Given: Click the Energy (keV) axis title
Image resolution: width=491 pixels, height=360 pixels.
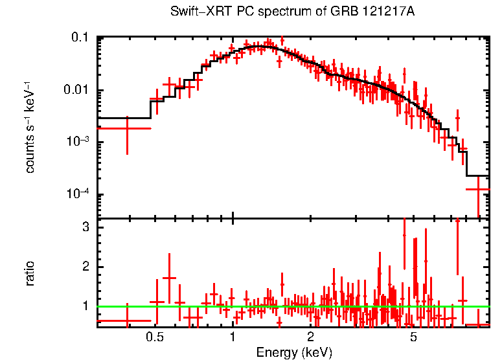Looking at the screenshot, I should [294, 353].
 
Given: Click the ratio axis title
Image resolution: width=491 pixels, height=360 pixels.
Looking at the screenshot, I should [30, 273].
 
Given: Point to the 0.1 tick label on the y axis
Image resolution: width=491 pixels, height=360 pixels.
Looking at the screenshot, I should [80, 38].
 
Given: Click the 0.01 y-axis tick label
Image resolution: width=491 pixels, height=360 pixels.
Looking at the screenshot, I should [76, 90].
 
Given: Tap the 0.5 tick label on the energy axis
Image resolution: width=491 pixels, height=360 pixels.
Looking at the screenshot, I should [154, 337].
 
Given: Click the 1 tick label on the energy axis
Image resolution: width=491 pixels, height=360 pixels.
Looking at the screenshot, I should [233, 337].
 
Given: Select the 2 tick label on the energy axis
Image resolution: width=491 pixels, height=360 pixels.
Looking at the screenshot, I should [311, 337].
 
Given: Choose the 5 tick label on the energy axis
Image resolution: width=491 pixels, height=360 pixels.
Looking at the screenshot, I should [414, 337].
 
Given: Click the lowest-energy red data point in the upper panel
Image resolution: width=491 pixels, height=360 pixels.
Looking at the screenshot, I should [127, 128].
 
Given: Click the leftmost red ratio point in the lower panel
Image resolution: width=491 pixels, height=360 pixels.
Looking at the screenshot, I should [127, 321].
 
